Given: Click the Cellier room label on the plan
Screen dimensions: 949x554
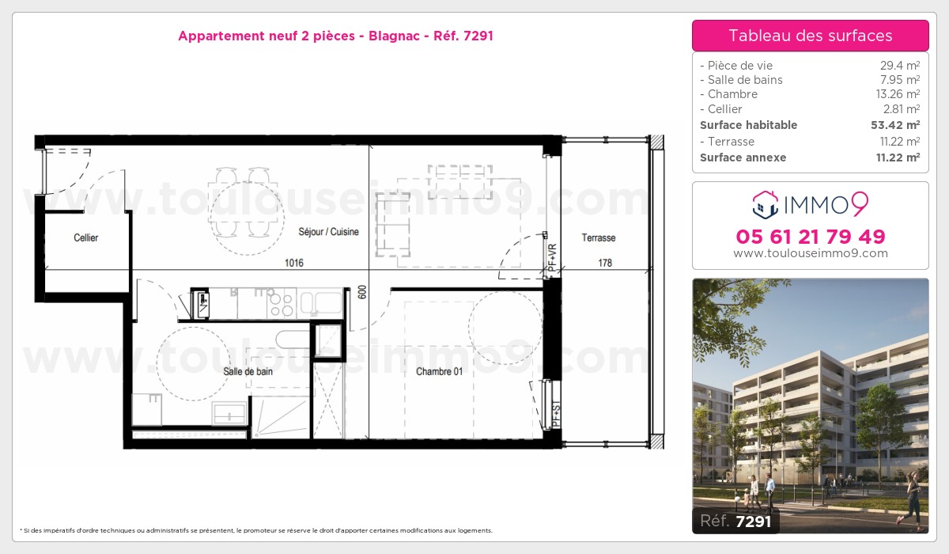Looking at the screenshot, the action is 86,237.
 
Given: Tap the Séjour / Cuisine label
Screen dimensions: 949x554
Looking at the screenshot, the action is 328,231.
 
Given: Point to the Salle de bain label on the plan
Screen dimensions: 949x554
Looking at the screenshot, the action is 248,371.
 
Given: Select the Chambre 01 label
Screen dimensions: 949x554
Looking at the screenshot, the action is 440,371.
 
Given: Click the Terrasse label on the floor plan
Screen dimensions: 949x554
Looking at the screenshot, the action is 598,237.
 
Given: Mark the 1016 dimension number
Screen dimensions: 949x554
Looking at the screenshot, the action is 294,263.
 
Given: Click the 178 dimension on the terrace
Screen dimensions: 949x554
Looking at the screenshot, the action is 605,263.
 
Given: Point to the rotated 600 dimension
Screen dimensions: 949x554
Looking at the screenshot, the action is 362,292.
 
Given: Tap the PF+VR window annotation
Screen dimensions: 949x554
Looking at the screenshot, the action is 552,258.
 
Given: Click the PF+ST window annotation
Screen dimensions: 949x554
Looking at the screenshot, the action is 556,414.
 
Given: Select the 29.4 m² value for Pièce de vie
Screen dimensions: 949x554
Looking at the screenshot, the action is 900,65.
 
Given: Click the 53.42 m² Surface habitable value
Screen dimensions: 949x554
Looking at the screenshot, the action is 895,125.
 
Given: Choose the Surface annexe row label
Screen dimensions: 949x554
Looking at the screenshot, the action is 743,157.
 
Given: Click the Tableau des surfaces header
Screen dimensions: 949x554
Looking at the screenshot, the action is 810,36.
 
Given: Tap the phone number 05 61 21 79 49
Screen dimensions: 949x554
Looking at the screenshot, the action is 811,237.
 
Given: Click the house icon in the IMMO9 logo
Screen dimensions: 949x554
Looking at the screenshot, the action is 766,205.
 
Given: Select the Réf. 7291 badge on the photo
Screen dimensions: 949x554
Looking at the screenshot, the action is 736,521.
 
